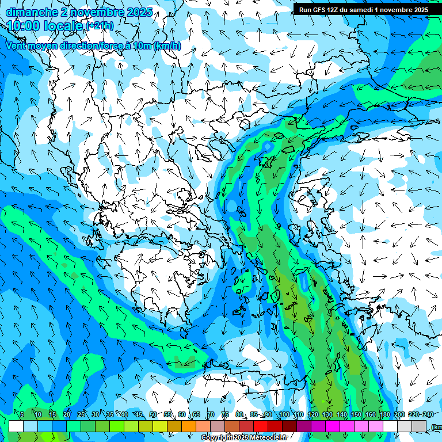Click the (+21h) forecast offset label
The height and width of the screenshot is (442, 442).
coord(100,25)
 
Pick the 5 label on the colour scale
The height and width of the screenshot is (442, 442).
coord(22,415)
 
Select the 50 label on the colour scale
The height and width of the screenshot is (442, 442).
coord(153,415)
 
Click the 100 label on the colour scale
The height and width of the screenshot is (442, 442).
coord(284,415)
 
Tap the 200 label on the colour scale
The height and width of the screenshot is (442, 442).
coord(399,415)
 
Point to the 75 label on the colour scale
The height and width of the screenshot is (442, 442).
coord(225,415)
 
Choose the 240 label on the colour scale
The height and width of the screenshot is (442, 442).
coord(428,415)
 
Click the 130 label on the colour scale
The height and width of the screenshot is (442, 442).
coord(327,415)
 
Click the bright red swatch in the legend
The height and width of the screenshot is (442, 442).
coord(261,426)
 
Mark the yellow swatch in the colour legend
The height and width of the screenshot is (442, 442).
coord(146,426)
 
